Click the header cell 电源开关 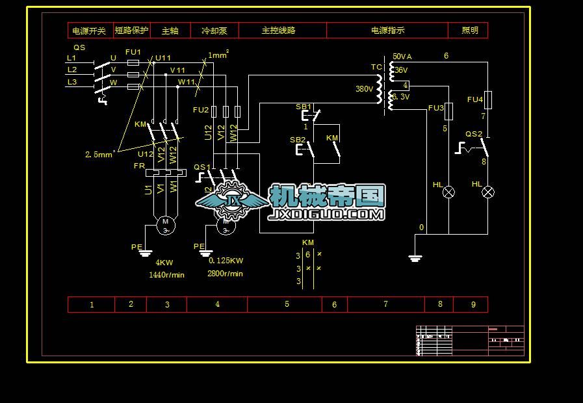90,31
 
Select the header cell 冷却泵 214,31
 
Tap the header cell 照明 469,31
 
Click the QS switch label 79,47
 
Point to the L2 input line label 72,70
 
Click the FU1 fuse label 133,52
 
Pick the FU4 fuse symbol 489,99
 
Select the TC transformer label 376,68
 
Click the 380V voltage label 365,89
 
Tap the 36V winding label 401,70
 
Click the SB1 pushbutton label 304,107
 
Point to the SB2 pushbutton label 297,140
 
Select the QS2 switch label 474,135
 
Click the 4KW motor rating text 164,263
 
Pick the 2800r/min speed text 225,274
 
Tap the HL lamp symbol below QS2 488,192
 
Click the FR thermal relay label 139,166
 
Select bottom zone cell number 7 385,304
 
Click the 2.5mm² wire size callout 99,155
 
